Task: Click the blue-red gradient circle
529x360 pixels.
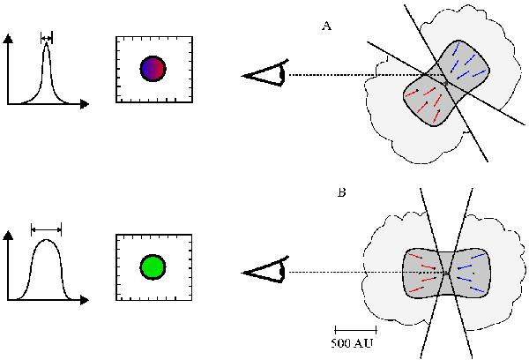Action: [153, 69]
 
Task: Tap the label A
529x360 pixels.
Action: [326, 27]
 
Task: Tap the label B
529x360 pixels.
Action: [341, 191]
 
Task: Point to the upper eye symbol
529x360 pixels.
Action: [265, 76]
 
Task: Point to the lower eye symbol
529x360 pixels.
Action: [265, 273]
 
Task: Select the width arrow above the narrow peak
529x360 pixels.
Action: [47, 37]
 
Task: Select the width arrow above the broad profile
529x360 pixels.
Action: [46, 229]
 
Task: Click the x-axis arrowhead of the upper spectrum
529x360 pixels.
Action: [85, 104]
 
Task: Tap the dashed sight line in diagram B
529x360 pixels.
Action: [353, 273]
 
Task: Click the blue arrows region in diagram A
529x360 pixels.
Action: [467, 67]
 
